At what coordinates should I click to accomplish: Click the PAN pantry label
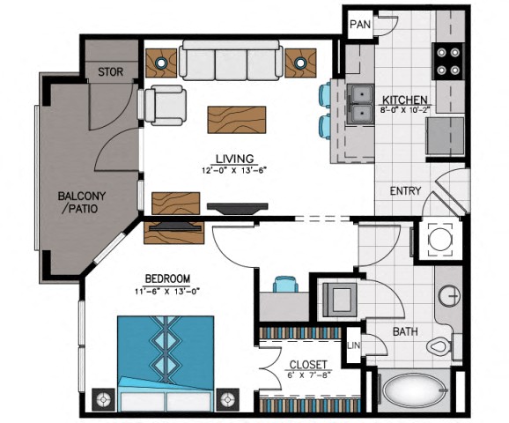[360, 25]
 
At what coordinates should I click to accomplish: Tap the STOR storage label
[111, 71]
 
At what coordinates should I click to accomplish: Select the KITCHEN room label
[404, 100]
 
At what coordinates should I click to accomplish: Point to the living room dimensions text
[234, 171]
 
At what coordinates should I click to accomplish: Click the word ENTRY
[405, 190]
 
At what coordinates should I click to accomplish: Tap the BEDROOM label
[167, 278]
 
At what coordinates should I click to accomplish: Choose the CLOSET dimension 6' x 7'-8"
[309, 375]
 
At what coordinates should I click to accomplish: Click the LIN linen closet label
[353, 345]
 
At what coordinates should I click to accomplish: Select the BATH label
[405, 331]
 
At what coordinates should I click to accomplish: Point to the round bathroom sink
[449, 296]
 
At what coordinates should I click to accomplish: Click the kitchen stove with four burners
[448, 61]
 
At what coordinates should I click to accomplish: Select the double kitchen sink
[360, 104]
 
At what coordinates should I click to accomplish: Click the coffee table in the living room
[237, 120]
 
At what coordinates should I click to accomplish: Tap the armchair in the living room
[166, 105]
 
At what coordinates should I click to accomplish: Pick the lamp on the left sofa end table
[161, 63]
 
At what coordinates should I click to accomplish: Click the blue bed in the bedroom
[166, 363]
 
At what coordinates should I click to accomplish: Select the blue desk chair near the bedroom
[285, 284]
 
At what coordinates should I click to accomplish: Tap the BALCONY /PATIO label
[81, 202]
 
